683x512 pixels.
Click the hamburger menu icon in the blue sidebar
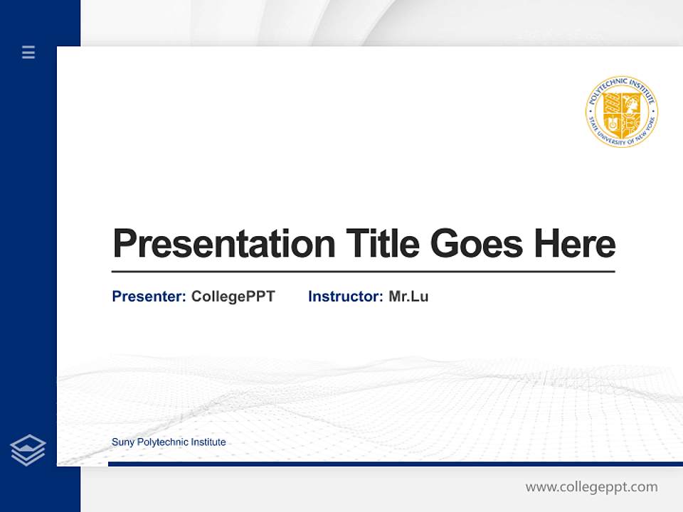(28, 52)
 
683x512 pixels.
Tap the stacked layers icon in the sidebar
(28, 450)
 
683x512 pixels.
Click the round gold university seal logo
(621, 112)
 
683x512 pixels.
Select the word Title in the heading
(383, 243)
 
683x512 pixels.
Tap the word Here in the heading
(575, 243)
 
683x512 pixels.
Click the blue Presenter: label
(149, 297)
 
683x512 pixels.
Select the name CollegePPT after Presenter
(233, 297)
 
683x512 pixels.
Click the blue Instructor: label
(346, 297)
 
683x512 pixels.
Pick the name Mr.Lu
(408, 297)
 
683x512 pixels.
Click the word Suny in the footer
(122, 442)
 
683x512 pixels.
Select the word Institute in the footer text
(208, 442)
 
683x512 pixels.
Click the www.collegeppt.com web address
(591, 487)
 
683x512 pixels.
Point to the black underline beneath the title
(363, 271)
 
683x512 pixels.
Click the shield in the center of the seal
(621, 114)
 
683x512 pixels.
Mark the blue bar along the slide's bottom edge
(395, 464)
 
